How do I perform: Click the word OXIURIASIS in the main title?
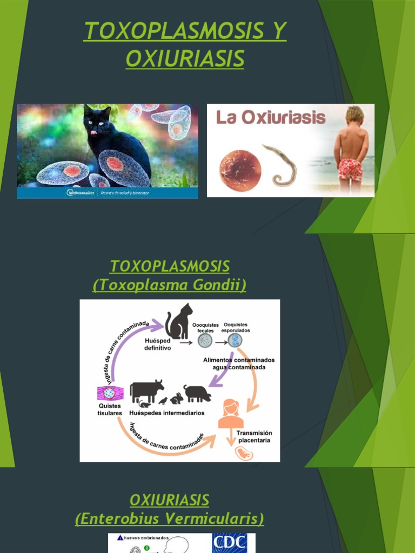tap(185, 58)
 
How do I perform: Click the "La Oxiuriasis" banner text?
tap(271, 117)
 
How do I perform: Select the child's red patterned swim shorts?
tap(350, 169)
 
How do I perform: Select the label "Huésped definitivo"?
tap(157, 345)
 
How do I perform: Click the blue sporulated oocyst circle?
tap(235, 340)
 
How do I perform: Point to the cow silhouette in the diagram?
tap(146, 390)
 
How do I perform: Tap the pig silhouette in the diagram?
tap(197, 393)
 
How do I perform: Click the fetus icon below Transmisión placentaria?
tap(244, 453)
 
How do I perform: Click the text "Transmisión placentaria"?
tap(255, 436)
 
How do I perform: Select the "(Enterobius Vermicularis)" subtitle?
tap(170, 519)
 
